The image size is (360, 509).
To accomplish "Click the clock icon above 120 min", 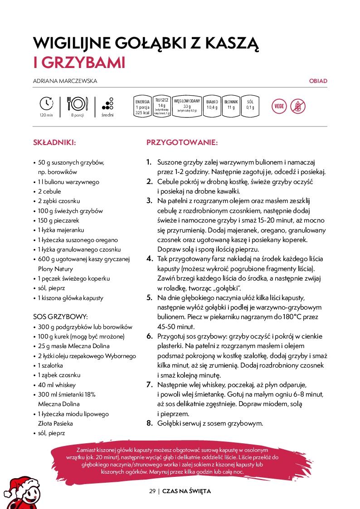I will point(46,103).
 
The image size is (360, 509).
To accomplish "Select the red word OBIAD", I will point(318,81).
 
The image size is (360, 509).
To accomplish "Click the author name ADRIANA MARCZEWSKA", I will point(65,81).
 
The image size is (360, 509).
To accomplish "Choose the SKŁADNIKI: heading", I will point(54,142).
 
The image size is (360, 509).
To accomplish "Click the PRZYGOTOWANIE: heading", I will point(182,142).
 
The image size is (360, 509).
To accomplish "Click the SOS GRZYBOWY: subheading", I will point(60,316).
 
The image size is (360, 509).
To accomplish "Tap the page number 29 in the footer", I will point(152,491).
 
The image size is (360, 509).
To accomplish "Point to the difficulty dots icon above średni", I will point(108,103).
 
